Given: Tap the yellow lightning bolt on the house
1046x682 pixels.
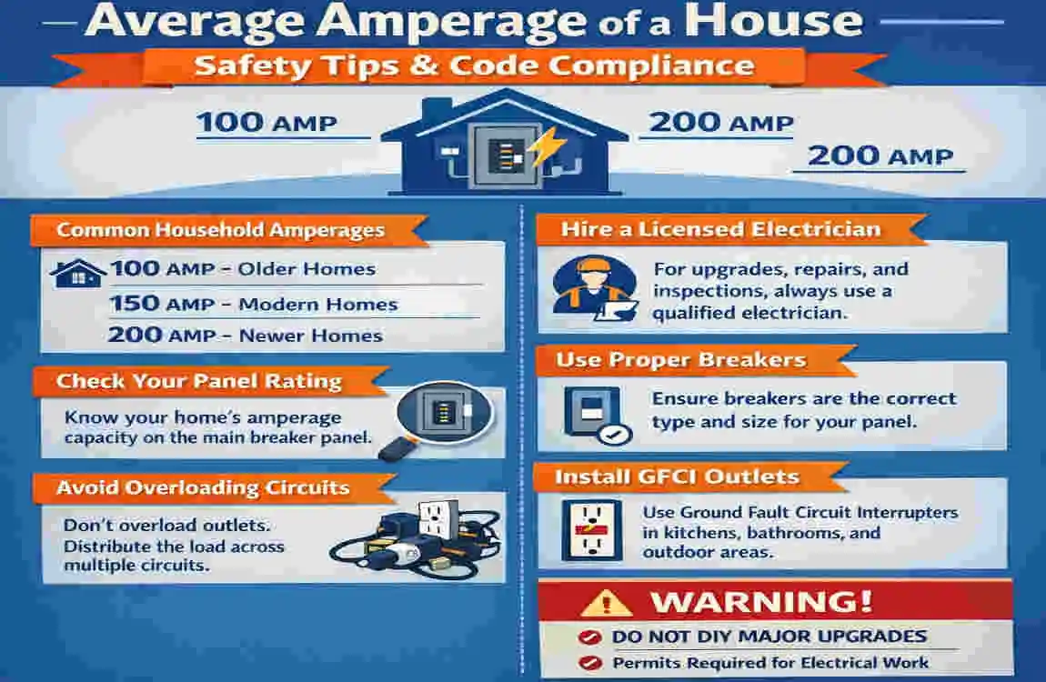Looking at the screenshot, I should pos(544,145).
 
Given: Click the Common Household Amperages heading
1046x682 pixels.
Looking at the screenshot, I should pos(221,231).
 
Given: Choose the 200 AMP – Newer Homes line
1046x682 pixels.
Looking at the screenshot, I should pos(245,336).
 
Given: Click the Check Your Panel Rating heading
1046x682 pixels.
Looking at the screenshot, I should pos(198,381).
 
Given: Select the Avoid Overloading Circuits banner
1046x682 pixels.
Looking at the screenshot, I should pos(203,487).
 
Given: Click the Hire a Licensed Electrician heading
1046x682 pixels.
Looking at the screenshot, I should pos(720,229).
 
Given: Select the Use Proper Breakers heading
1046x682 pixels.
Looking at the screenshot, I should pos(680,360).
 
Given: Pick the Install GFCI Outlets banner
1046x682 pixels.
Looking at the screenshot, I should pos(677,476).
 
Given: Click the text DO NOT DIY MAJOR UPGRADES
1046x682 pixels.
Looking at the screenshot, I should pos(769,637).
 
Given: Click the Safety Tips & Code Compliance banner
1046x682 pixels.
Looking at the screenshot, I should pos(474,65).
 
